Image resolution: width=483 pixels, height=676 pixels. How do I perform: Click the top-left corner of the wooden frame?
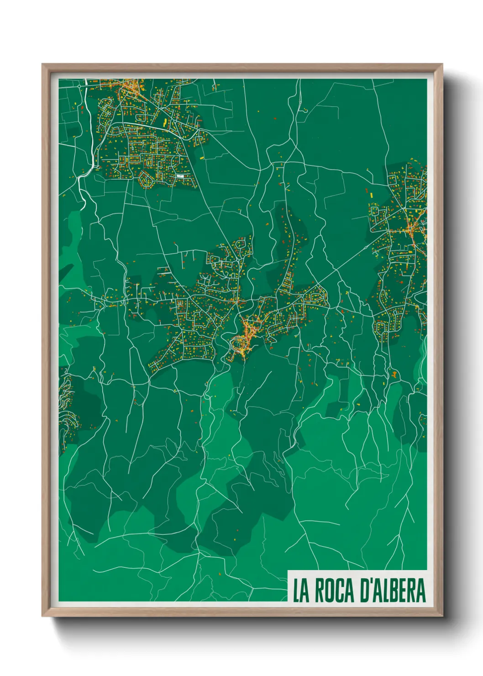(42, 64)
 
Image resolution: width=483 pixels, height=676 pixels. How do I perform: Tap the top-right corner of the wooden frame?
(442, 64)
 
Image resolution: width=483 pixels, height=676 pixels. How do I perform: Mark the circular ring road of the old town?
(238, 343)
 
